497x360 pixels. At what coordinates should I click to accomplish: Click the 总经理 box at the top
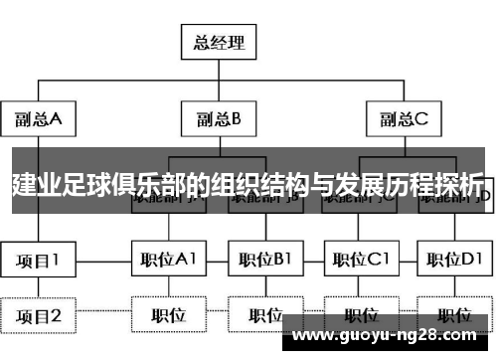pyautogui.click(x=219, y=43)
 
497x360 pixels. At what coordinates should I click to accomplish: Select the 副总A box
pyautogui.click(x=38, y=120)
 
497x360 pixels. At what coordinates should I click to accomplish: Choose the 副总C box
pyautogui.click(x=403, y=120)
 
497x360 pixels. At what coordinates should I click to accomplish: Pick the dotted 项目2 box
pyautogui.click(x=38, y=316)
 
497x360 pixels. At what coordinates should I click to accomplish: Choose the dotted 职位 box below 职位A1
pyautogui.click(x=168, y=316)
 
